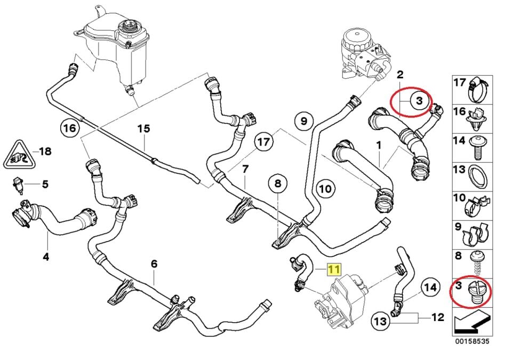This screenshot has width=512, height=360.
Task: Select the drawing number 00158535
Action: (x=471, y=340)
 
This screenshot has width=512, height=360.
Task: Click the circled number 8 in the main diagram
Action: (x=278, y=185)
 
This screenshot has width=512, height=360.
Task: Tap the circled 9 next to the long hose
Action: (x=303, y=122)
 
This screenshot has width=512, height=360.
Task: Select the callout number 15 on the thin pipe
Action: (x=143, y=129)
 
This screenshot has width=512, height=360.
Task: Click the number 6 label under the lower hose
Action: (x=154, y=263)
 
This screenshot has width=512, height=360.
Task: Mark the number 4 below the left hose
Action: (x=46, y=257)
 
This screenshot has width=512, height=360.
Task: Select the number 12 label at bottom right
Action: (x=437, y=317)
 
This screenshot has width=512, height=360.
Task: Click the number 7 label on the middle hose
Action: (x=245, y=170)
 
